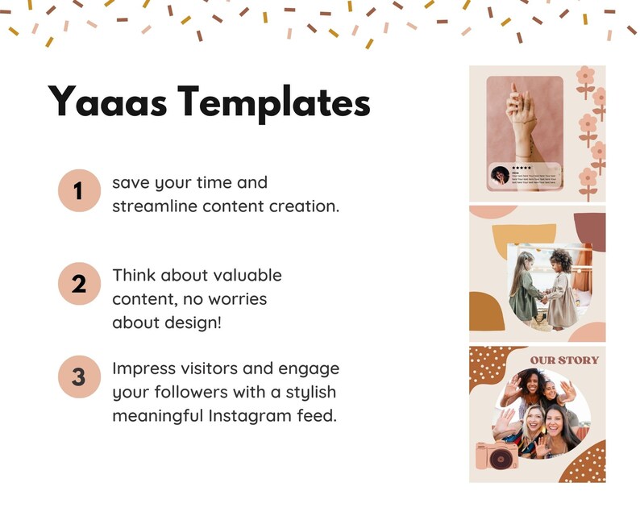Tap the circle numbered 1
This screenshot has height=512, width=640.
click(78, 192)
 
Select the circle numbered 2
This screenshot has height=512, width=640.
click(78, 284)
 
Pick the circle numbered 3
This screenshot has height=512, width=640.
click(78, 377)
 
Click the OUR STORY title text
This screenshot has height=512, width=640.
click(564, 359)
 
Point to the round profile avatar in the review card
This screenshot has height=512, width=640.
click(500, 174)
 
